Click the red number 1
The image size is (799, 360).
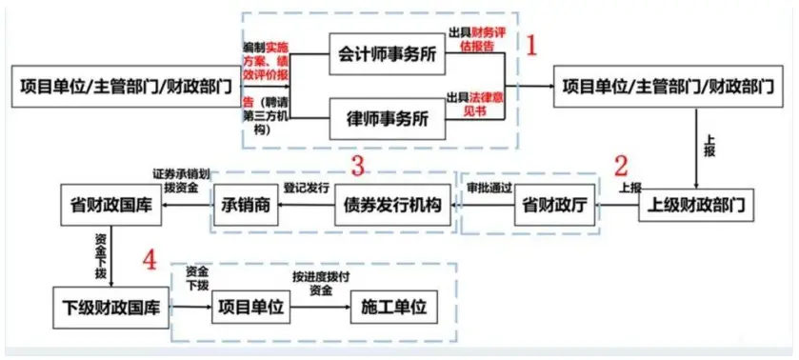533,44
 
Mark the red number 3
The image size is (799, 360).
358,166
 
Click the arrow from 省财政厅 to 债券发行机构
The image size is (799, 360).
486,206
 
